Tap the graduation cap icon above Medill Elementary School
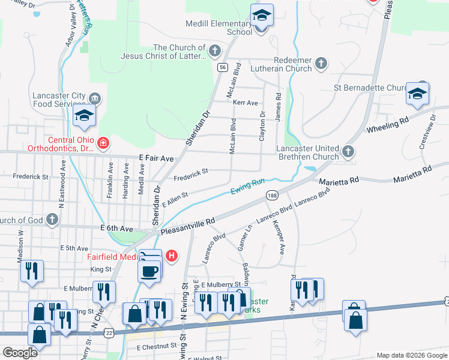[x=261, y=16]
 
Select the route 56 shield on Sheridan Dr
[x=223, y=68]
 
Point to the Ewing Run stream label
[x=248, y=187]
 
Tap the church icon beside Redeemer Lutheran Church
[x=322, y=62]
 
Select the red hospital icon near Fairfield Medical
[x=172, y=256]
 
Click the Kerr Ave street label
[x=246, y=103]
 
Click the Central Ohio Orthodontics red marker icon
[x=104, y=143]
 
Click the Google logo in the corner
[x=19, y=353]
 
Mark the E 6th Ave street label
[x=116, y=229]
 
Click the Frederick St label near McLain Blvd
[x=191, y=174]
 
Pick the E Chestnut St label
[x=157, y=347]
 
